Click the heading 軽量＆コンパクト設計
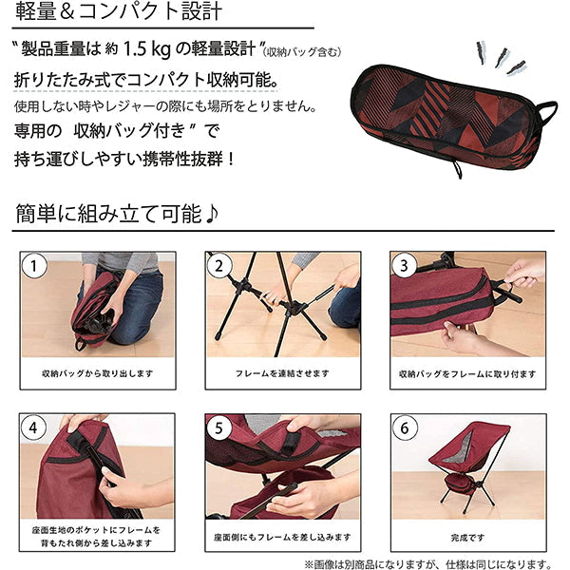[x=119, y=13]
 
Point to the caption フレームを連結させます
[x=283, y=374]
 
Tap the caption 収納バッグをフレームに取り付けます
[x=466, y=374]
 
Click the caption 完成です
[x=466, y=536]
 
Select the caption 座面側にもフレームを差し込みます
[x=283, y=536]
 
